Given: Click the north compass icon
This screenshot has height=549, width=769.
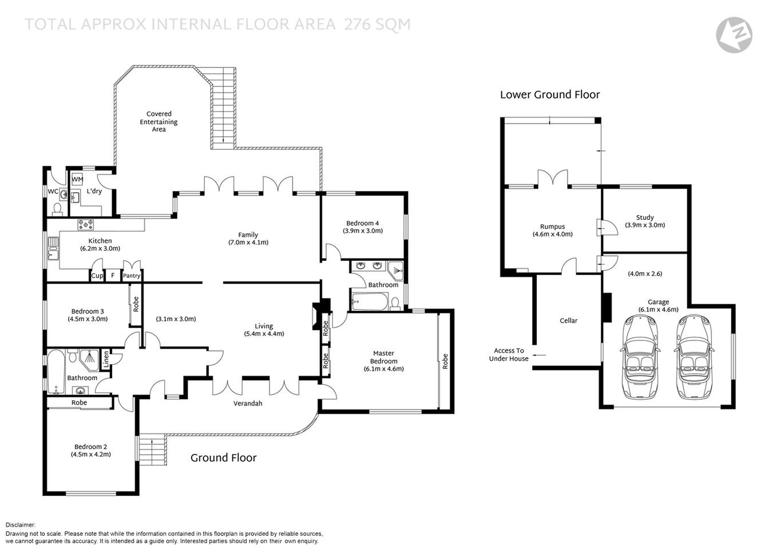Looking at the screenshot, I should point(734,35).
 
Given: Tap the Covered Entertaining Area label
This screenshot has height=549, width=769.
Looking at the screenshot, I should point(159,122).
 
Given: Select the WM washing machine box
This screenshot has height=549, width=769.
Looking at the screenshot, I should point(77,180).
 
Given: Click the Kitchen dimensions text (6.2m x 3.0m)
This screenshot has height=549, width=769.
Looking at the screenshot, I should point(100,249).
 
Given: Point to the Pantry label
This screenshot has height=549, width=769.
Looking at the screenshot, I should point(132,276).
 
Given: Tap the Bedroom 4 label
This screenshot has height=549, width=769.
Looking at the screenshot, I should point(362,223).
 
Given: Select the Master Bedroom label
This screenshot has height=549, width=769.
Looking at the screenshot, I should point(383,357).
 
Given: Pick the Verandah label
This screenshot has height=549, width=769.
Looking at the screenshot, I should point(248,403).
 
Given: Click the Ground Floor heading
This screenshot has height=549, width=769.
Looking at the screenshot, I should point(223,457).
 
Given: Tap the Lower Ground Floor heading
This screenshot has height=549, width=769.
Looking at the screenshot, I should point(549,95).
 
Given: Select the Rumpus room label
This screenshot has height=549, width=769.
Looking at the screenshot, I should point(552,226).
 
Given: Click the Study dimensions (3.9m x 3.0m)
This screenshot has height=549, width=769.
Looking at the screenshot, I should point(645,225).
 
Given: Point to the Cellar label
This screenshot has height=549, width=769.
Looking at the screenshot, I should point(568,321).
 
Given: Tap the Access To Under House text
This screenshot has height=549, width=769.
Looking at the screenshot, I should point(509,355).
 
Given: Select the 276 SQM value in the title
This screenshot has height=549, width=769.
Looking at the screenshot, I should point(377,24).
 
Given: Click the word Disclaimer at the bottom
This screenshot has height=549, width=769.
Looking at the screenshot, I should point(21,525).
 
